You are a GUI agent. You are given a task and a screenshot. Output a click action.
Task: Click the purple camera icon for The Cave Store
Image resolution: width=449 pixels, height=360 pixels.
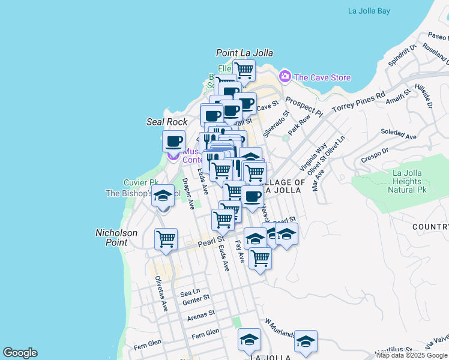pyautogui.click(x=285, y=77)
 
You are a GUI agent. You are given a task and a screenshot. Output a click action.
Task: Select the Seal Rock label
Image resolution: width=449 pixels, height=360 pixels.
pyautogui.click(x=167, y=122)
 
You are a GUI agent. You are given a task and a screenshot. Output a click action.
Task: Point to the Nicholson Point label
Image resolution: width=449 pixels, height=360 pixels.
pyautogui.click(x=116, y=238)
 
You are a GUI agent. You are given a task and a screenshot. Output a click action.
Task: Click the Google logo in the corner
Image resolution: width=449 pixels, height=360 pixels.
pyautogui.click(x=20, y=353)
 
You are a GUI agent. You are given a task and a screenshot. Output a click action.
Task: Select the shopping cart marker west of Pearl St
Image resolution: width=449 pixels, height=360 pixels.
pyautogui.click(x=166, y=238)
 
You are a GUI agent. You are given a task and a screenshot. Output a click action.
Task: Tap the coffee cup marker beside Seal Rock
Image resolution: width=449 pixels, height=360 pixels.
pyautogui.click(x=173, y=141)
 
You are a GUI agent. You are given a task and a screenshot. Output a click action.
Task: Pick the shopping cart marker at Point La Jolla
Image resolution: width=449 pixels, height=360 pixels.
pyautogui.click(x=244, y=70)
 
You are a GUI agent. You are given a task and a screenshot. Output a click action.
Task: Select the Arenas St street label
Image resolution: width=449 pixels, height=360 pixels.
pyautogui.click(x=200, y=314)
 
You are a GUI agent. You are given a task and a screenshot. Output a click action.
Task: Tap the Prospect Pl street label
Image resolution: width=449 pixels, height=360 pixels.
pyautogui.click(x=304, y=106)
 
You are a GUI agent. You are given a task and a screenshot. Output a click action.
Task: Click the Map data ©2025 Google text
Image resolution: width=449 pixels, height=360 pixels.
pyautogui.click(x=412, y=355)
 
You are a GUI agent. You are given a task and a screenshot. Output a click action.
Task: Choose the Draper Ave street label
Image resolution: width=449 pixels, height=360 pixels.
pyautogui.click(x=188, y=193)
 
